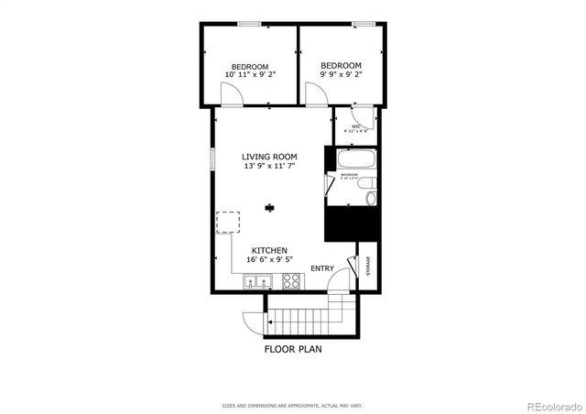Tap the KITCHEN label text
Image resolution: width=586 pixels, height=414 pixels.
(x=270, y=250)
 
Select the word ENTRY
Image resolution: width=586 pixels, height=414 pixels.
(x=322, y=268)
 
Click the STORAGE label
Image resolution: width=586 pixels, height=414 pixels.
(x=368, y=266)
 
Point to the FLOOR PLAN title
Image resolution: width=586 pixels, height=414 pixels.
(x=293, y=348)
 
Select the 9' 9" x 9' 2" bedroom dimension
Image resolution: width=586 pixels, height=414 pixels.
(x=341, y=76)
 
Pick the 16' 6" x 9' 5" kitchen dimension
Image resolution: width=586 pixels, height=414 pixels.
(x=270, y=261)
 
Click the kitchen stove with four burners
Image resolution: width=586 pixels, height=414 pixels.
(x=292, y=282)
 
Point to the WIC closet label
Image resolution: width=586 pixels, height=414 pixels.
(x=356, y=128)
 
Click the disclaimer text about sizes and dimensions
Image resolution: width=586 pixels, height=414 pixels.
(x=292, y=405)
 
